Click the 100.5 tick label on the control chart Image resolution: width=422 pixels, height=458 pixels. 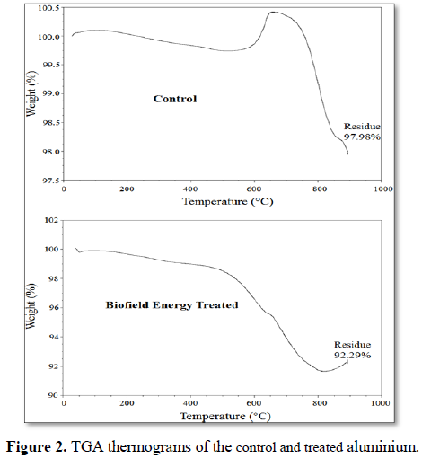48,8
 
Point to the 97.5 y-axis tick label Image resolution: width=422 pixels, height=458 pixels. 51,181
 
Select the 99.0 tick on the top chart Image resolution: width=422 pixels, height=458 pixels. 51,93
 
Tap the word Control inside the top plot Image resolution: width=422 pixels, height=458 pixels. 175,99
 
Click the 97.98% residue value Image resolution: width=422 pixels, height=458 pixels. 362,137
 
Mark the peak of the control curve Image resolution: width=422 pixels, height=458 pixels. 273,12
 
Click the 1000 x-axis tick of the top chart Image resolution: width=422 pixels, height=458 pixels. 382,189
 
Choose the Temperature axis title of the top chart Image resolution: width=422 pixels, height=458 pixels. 228,201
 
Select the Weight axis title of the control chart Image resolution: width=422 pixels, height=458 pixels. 31,93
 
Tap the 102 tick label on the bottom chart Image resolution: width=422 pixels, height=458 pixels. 51,220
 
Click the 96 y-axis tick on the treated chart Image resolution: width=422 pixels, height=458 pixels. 54,308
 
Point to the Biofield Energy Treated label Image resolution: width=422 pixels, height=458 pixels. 172,305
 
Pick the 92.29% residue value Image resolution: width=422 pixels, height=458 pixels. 353,356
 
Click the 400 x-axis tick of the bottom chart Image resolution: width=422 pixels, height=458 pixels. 190,403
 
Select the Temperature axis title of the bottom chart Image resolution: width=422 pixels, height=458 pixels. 225,416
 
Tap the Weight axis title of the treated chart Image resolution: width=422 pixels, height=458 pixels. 31,306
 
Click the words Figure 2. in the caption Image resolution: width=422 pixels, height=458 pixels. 37,447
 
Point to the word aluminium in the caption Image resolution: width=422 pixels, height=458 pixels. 382,447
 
